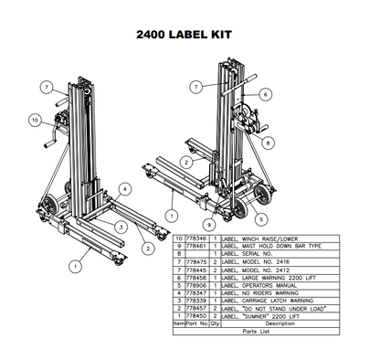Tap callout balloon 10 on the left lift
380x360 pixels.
(x=34, y=119)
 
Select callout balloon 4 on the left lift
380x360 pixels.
(x=125, y=187)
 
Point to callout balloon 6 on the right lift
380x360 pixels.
(x=264, y=94)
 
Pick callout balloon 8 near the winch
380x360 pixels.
(x=268, y=143)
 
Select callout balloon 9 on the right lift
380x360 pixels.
(x=209, y=222)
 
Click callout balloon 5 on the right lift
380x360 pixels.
(x=261, y=219)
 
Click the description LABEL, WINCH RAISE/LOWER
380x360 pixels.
(x=255, y=238)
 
